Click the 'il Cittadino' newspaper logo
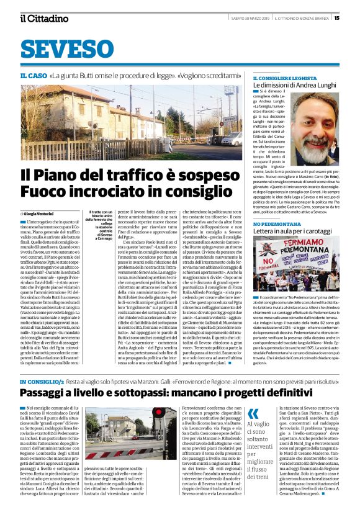point(43,18)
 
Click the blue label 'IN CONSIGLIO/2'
point(40,362)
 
